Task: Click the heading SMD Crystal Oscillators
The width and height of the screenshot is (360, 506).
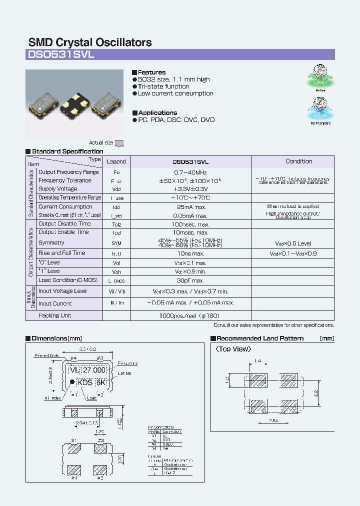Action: pos(90,42)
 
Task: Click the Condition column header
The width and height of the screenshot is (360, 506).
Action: pos(298,161)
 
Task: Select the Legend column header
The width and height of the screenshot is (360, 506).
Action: pos(116,161)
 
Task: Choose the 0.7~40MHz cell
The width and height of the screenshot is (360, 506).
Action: pos(190,172)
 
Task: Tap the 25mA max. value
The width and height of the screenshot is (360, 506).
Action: pos(190,206)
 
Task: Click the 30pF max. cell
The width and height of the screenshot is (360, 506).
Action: pos(190,280)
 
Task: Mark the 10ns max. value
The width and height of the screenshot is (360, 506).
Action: pos(190,253)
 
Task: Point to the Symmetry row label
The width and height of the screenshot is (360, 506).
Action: pos(51,242)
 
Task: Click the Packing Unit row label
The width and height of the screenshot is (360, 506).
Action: pos(55,315)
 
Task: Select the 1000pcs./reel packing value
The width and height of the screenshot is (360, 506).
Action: pos(190,316)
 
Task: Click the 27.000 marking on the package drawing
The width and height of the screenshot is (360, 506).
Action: pos(94,370)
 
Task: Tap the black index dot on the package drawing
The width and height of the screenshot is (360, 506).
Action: pos(72,381)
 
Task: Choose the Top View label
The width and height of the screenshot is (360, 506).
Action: pos(233,349)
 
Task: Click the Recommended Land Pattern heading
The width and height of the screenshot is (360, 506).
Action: pos(260,338)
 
